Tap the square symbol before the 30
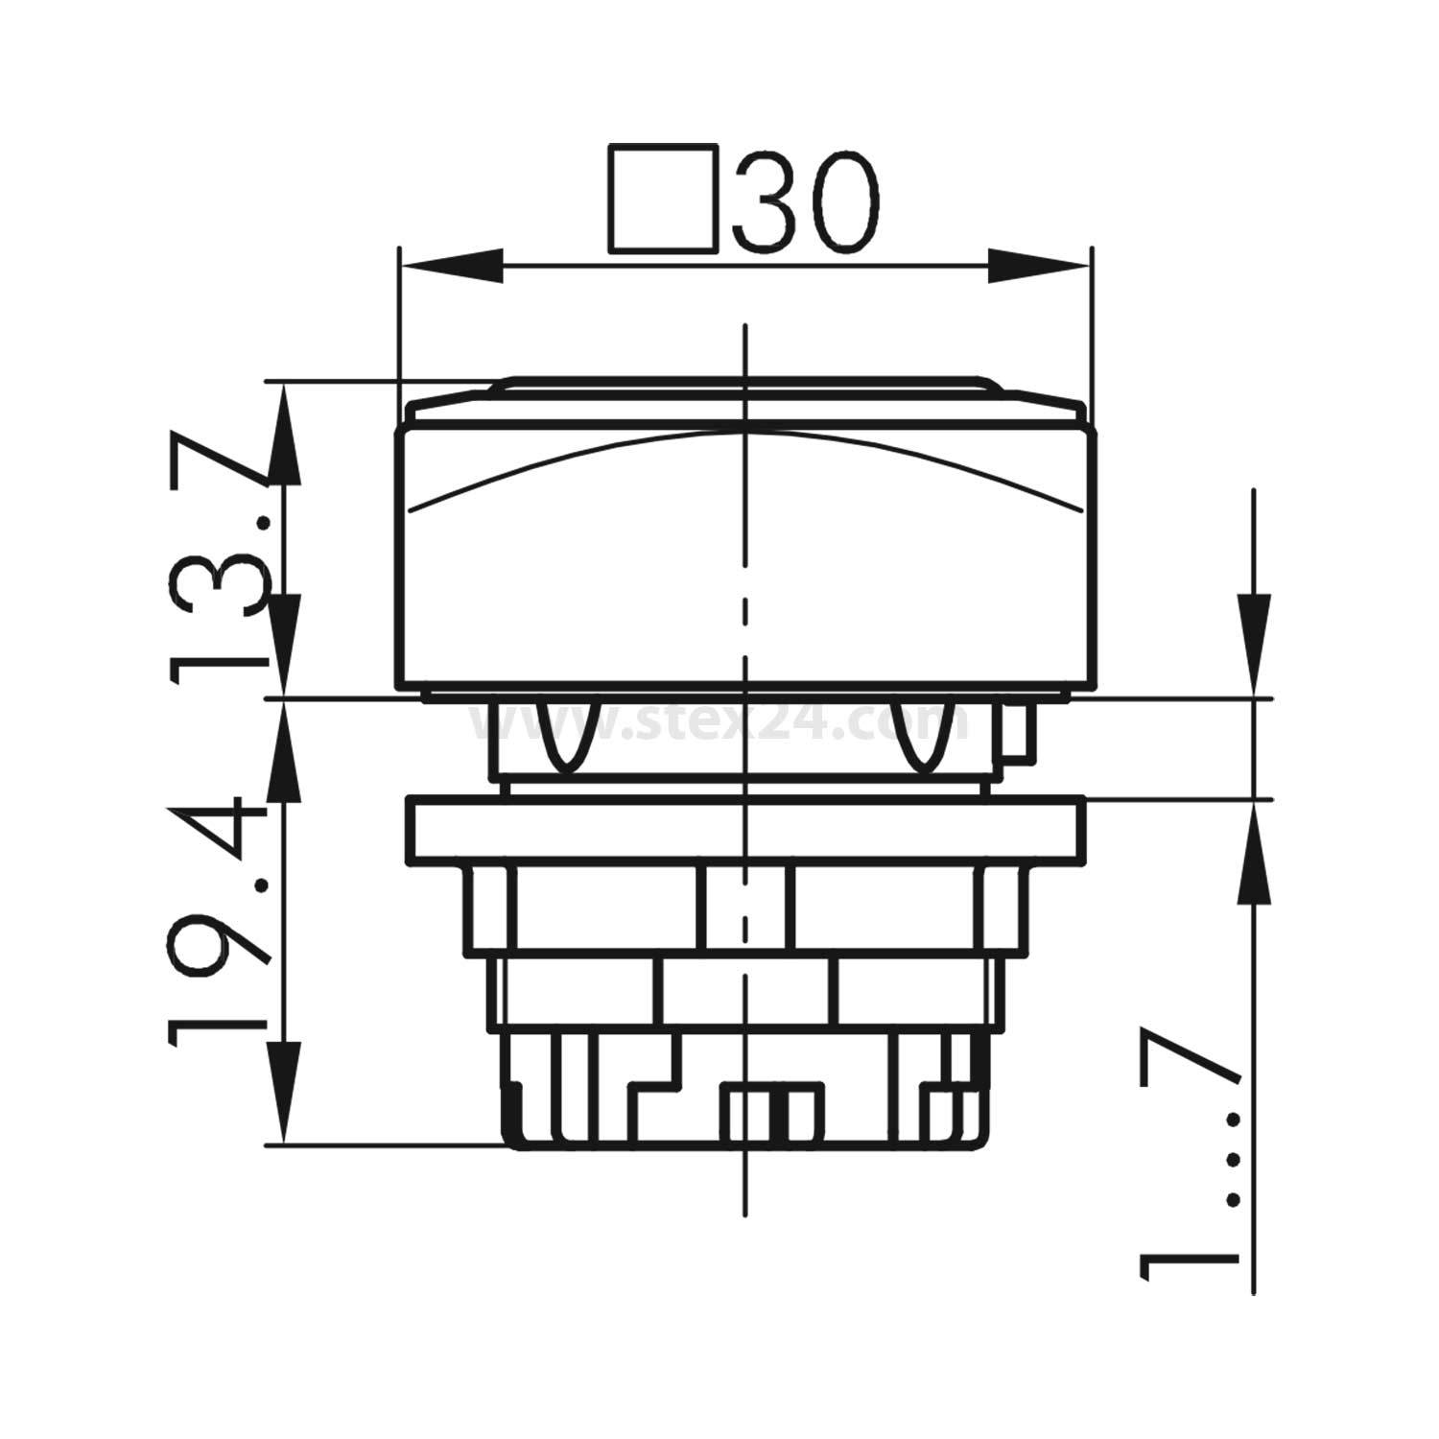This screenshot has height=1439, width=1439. click(663, 200)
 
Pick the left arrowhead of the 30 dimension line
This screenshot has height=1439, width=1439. click(451, 266)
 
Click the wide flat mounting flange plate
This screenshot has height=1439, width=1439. click(745, 831)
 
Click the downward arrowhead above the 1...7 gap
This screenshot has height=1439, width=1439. click(1253, 643)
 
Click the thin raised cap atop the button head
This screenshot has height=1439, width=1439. click(745, 388)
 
